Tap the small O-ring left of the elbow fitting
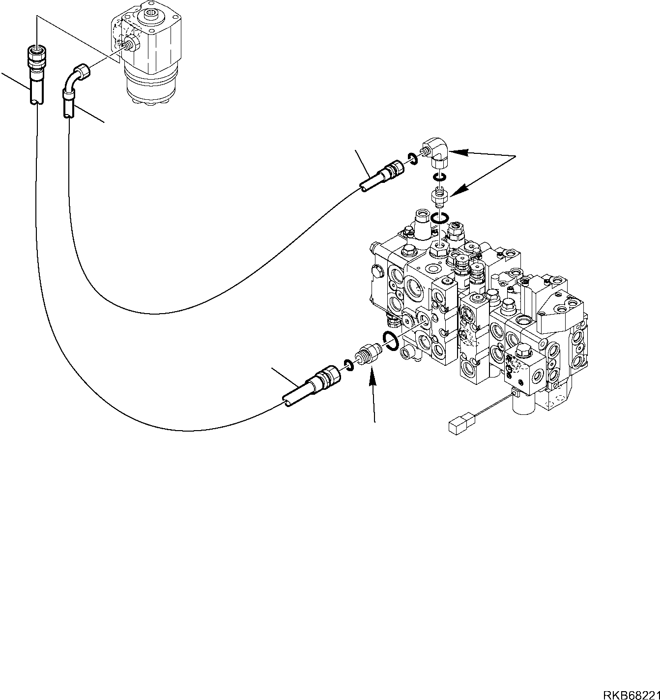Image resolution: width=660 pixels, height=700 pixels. [x=412, y=157]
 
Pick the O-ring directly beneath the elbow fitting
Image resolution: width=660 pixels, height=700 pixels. [x=440, y=177]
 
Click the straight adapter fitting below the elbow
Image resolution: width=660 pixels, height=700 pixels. [x=438, y=196]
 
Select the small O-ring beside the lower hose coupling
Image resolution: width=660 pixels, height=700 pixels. [x=348, y=365]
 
